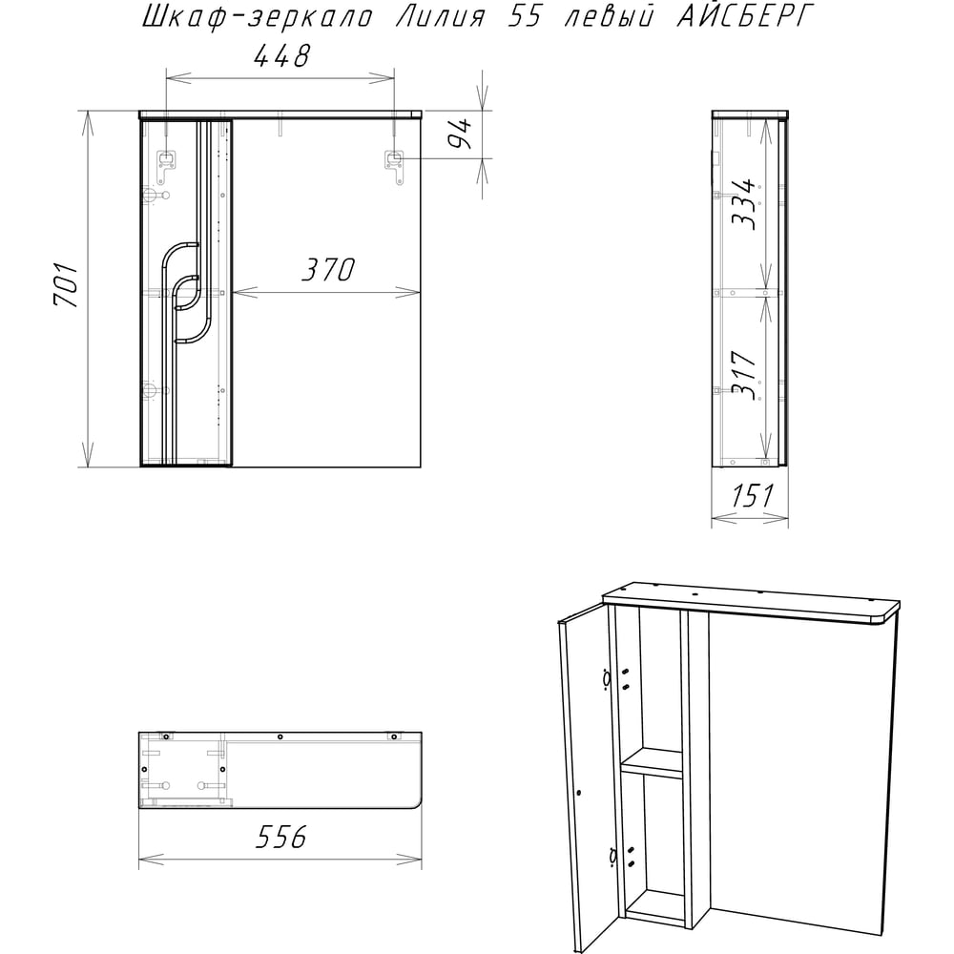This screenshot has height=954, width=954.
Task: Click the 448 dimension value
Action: [281, 56]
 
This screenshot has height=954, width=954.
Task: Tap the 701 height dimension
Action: [66, 284]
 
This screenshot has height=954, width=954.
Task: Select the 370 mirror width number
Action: [328, 270]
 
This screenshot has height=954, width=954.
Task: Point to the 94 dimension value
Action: [460, 134]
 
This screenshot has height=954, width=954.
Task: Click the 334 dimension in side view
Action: [743, 204]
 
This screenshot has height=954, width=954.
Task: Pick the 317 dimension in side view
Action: [743, 375]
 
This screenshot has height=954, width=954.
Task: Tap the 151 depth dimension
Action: [752, 496]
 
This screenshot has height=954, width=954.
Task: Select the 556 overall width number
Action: [281, 838]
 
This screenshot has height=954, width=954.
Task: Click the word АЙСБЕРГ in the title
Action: [745, 16]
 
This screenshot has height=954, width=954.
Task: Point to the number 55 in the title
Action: [524, 17]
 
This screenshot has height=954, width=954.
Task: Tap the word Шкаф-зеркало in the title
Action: [258, 17]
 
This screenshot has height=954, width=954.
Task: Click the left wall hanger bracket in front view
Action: [165, 164]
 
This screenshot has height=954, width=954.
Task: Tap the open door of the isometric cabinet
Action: [588, 785]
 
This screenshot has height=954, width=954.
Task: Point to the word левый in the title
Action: [609, 17]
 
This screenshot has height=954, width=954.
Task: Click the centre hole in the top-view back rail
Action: [280, 736]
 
